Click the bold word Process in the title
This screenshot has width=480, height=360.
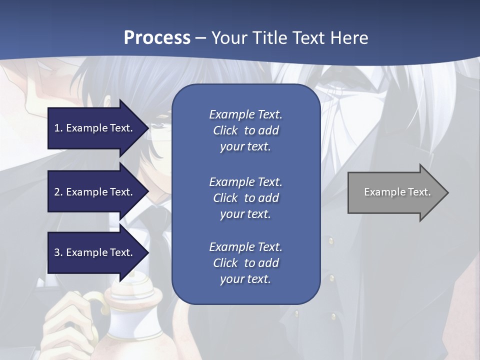click(x=157, y=37)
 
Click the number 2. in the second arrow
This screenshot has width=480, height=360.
click(x=58, y=192)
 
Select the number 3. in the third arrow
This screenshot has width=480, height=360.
click(x=58, y=252)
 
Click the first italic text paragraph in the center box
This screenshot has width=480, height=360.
click(x=245, y=130)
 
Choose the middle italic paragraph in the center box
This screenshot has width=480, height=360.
click(x=245, y=197)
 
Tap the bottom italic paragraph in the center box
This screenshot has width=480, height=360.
click(x=245, y=263)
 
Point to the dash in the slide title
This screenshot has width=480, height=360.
click(x=200, y=38)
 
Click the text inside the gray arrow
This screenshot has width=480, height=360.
click(x=397, y=192)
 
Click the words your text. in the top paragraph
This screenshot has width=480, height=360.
click(x=245, y=147)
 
